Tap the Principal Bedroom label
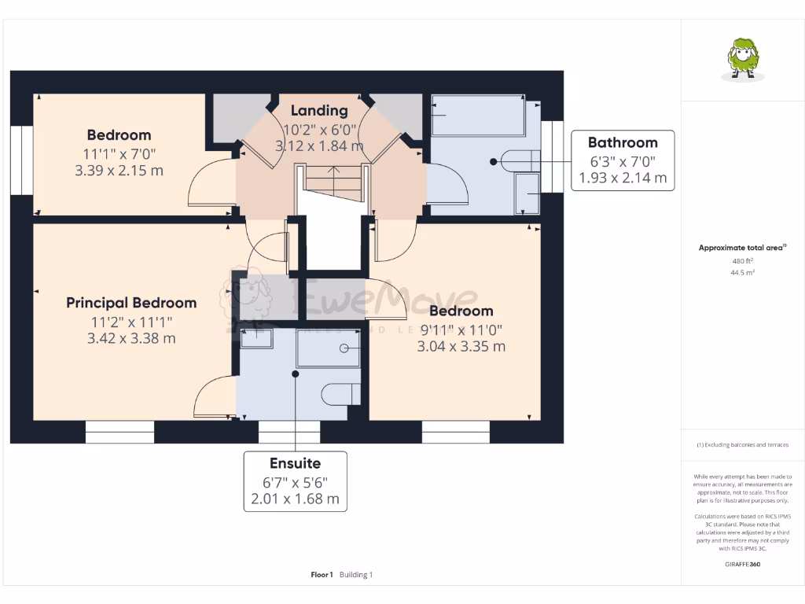131,303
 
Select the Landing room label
319,111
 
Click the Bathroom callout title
623,142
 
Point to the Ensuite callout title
295,463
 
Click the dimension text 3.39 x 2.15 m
119,170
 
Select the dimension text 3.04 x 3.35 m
461,346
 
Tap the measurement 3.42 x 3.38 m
131,339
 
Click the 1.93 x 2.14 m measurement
623,179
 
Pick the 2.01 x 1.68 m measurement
295,499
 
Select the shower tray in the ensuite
328,348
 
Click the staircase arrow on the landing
331,171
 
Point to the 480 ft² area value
742,260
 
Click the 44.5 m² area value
742,272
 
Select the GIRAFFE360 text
742,564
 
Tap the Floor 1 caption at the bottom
322,575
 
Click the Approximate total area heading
742,248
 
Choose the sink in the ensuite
256,338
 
